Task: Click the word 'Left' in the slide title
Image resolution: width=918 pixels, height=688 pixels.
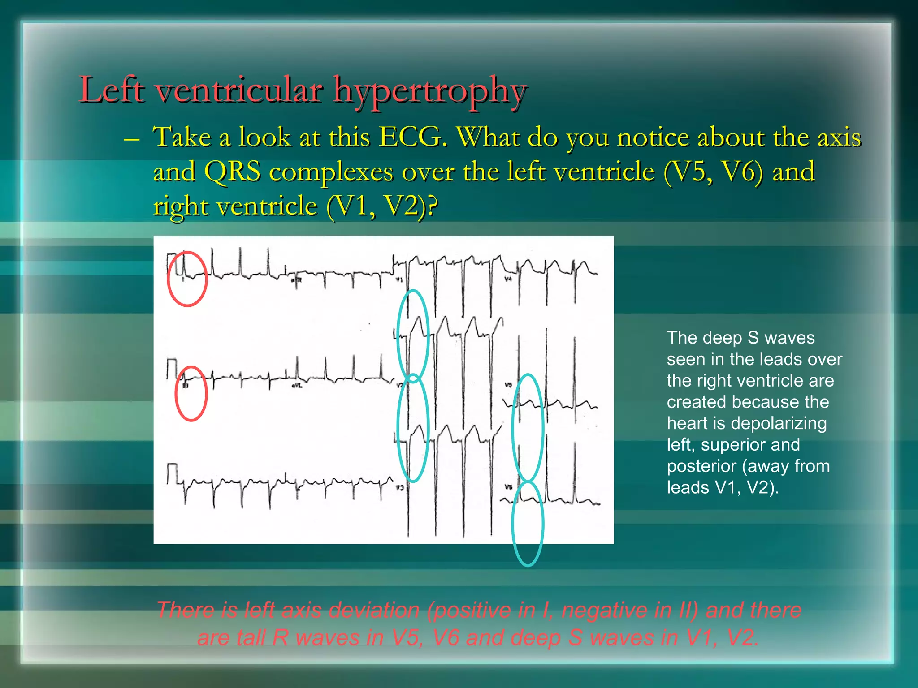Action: pos(112,90)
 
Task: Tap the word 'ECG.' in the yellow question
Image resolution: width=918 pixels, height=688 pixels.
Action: pos(413,137)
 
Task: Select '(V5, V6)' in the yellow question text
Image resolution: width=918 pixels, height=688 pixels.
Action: pos(713,172)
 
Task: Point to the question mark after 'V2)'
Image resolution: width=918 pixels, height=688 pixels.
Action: pos(431,207)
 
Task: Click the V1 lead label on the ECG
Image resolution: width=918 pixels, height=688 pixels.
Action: pos(399,279)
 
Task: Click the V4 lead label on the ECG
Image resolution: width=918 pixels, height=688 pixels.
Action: pos(508,279)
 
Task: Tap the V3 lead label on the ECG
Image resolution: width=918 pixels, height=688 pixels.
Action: pos(399,487)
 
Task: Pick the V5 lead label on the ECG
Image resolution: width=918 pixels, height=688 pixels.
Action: pos(508,385)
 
